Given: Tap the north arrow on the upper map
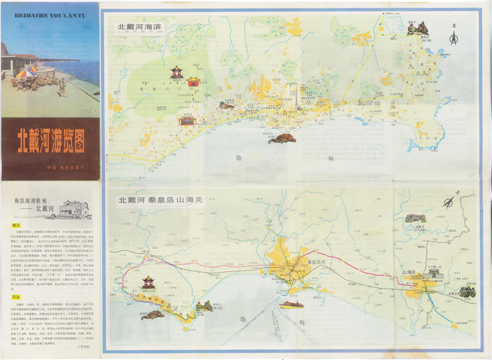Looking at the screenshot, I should (454, 37).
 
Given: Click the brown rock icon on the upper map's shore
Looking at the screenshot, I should (282, 138).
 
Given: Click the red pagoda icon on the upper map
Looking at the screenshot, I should (177, 72).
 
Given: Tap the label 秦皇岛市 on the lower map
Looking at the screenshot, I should (298, 262).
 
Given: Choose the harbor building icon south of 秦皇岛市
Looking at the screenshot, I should (291, 303).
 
